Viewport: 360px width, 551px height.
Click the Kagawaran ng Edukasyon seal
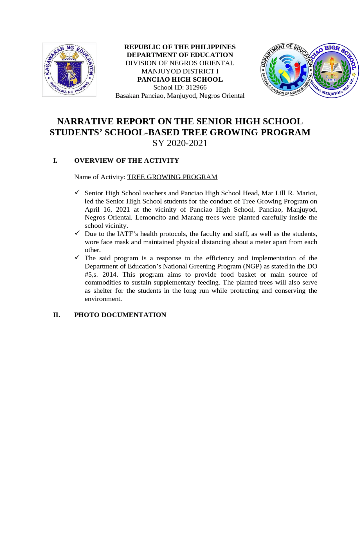coord(69,70)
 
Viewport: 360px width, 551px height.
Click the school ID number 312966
coord(196,88)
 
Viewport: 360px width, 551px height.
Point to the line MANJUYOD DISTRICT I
coord(180,71)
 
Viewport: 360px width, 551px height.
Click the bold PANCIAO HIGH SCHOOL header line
coord(180,79)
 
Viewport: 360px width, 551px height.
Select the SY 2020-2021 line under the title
coord(180,143)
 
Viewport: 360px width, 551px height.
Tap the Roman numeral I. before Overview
coord(55,161)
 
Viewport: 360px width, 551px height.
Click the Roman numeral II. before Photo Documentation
coord(57,315)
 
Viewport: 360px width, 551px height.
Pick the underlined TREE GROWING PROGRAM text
coord(172,177)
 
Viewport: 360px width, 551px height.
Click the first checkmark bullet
coord(77,192)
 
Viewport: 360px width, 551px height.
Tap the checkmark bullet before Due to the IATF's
coord(77,233)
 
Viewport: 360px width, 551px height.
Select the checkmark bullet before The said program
coord(77,258)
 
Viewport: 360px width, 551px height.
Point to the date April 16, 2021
coord(107,209)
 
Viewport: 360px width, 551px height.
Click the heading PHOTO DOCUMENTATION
coord(120,315)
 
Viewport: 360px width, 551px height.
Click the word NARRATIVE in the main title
coord(85,121)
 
